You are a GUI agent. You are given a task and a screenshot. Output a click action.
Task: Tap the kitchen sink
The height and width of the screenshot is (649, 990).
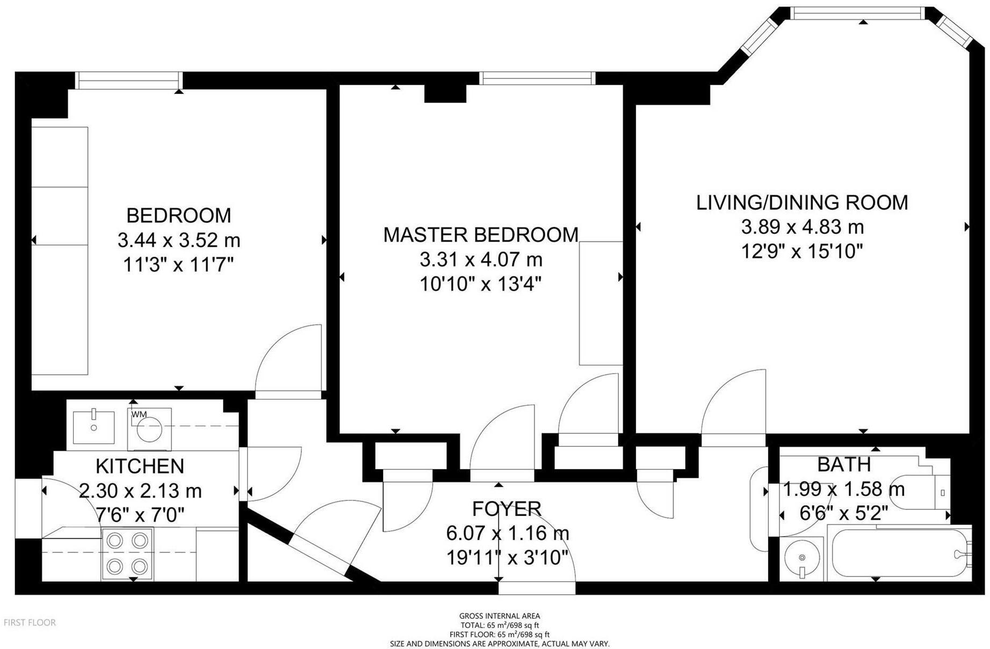93,427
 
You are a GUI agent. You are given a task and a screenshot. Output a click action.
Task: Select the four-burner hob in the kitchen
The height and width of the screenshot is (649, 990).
127,553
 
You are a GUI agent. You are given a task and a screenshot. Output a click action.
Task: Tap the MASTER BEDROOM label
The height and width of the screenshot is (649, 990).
481,235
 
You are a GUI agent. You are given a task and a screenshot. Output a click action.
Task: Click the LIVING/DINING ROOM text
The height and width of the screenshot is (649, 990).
802,202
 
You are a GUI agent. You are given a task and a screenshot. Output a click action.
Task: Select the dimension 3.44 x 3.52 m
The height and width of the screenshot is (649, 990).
179,240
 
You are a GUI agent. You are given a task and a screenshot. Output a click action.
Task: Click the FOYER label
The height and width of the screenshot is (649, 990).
507,508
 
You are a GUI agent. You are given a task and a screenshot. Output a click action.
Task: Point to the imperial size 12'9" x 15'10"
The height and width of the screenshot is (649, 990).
802,251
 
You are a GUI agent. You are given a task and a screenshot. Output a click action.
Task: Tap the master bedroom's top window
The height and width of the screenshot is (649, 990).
538,78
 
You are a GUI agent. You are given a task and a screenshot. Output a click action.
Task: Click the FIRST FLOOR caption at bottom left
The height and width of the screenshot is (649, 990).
30,623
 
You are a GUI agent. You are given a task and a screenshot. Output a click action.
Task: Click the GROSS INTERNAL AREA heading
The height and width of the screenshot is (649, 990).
500,616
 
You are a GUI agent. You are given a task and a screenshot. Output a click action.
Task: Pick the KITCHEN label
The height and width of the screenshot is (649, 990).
140,466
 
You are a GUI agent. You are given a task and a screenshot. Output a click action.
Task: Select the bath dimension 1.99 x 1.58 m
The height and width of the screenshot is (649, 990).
844,490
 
